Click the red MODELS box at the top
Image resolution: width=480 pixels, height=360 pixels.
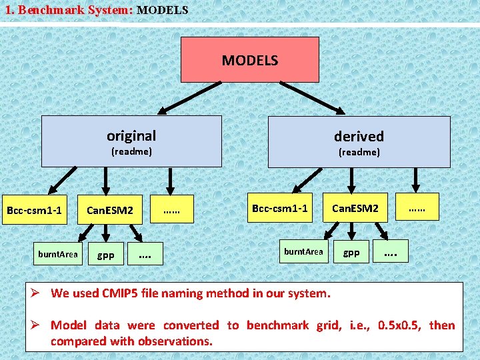point(249,60)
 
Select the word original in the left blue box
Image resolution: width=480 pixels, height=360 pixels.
point(131,136)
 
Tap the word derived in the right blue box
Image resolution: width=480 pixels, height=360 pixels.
point(359,137)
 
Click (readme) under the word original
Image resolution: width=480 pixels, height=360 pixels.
point(131,152)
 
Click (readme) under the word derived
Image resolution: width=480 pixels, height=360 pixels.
point(359,153)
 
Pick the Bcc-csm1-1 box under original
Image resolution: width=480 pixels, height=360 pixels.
point(34,211)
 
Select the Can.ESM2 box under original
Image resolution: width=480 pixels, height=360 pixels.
point(110,211)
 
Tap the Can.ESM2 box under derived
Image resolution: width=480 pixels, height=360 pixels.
point(355,209)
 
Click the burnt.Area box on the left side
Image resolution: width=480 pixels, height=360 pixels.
point(58,254)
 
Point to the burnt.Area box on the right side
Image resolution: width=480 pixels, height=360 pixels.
point(303,252)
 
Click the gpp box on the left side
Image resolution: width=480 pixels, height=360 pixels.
point(106,255)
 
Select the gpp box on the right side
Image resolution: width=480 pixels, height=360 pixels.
point(351,253)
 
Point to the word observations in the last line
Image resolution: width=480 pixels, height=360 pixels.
point(175,341)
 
